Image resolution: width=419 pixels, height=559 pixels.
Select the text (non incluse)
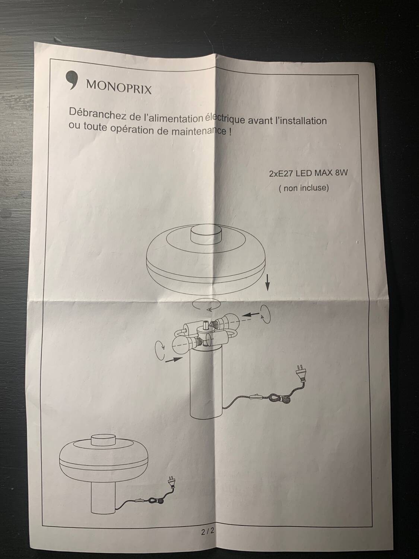pos(304,188)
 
